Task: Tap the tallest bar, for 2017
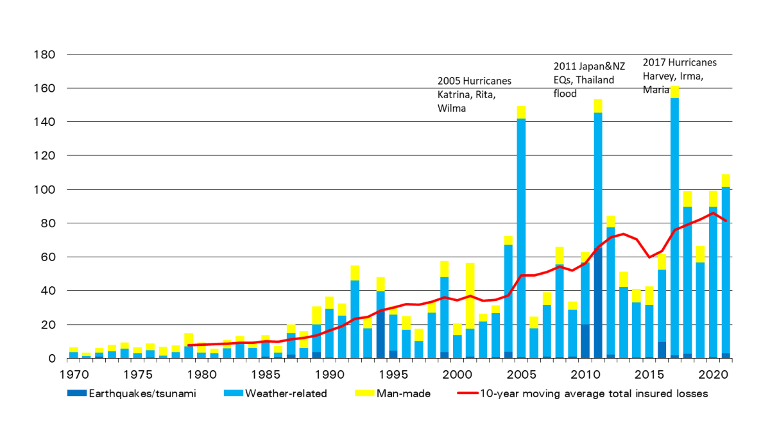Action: (x=674, y=225)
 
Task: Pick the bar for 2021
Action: (x=726, y=270)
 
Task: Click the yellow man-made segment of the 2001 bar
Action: (x=470, y=295)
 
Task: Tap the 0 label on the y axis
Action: (x=53, y=359)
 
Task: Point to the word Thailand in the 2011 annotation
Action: (x=594, y=80)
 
